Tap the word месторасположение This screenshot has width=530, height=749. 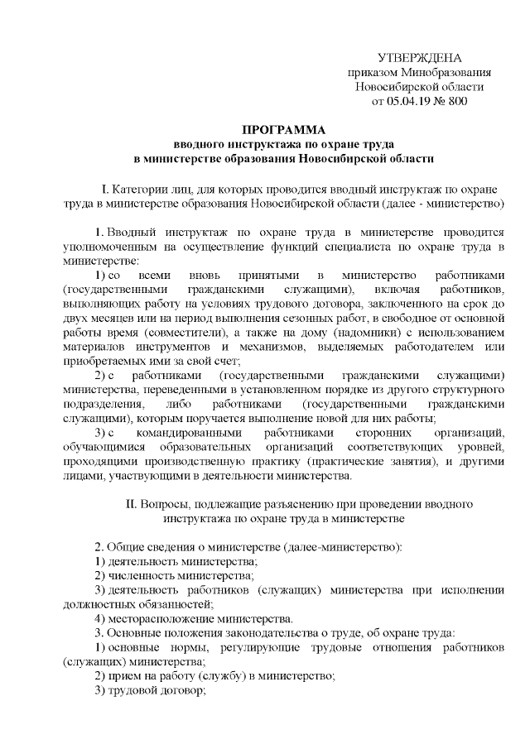(x=166, y=618)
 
